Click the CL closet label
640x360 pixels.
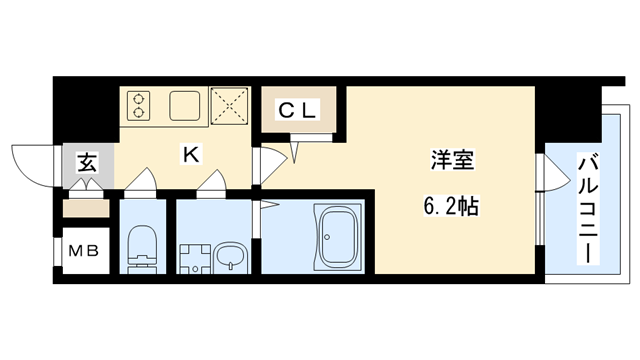(x=298, y=111)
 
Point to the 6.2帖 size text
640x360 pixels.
(x=447, y=207)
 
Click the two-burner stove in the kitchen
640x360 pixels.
(x=138, y=105)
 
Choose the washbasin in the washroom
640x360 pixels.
(x=228, y=259)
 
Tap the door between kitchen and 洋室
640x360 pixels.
(x=257, y=166)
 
